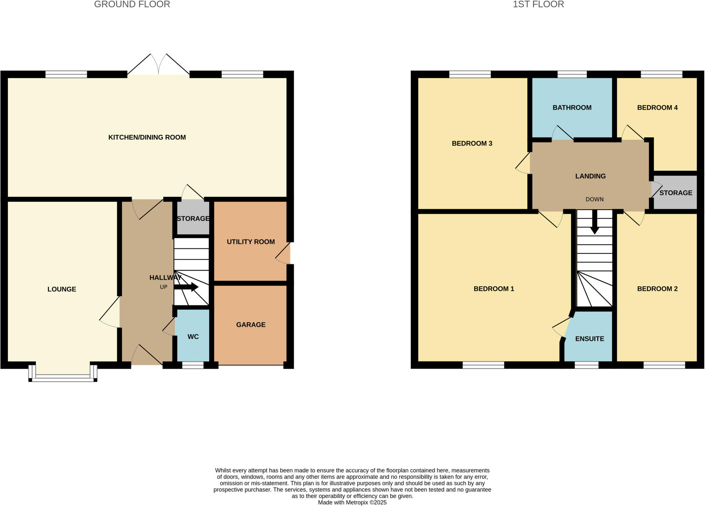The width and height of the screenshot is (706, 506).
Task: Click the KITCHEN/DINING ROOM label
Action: (x=147, y=137)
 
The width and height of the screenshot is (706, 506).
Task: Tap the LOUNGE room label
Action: (x=62, y=289)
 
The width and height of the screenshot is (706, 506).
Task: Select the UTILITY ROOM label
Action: (x=251, y=242)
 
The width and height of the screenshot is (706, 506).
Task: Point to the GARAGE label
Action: (x=251, y=325)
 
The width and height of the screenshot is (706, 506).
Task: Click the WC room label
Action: (x=193, y=337)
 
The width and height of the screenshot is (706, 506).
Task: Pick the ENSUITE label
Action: (x=589, y=339)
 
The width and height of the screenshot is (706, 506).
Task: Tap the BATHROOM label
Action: (x=572, y=108)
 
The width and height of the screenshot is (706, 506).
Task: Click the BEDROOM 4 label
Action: (x=657, y=108)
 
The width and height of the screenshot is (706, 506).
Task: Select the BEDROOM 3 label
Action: (x=472, y=143)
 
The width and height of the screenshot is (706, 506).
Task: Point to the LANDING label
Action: (x=590, y=176)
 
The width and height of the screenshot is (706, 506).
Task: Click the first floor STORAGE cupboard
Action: (x=675, y=193)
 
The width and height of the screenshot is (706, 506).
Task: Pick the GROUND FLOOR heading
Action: (x=132, y=4)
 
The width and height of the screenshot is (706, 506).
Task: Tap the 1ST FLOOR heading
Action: (x=538, y=4)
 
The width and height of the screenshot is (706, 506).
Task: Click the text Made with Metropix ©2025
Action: (x=352, y=502)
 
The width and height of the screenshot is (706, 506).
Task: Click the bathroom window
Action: (x=572, y=74)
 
